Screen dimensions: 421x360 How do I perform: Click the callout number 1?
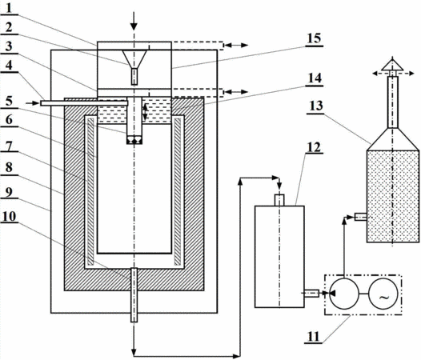9,8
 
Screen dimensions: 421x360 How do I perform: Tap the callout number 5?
9,102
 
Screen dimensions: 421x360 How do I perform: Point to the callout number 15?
314,38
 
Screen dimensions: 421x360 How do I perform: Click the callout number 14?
314,78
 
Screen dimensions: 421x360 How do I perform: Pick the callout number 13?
315,106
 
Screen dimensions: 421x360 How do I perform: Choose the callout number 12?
314,147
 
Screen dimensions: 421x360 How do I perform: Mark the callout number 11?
313,337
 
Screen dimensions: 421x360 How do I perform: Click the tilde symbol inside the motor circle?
384,297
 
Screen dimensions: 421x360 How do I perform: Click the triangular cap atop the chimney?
393,66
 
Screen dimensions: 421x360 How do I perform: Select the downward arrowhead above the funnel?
134,26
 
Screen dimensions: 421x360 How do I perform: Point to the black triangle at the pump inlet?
333,294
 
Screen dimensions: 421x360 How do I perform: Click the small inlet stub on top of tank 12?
279,200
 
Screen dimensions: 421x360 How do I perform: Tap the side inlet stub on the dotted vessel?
361,217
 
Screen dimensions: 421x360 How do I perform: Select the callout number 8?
9,168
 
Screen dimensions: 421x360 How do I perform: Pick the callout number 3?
9,46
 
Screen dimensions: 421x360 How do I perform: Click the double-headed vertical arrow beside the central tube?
145,112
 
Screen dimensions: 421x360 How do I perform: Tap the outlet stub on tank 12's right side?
311,294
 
